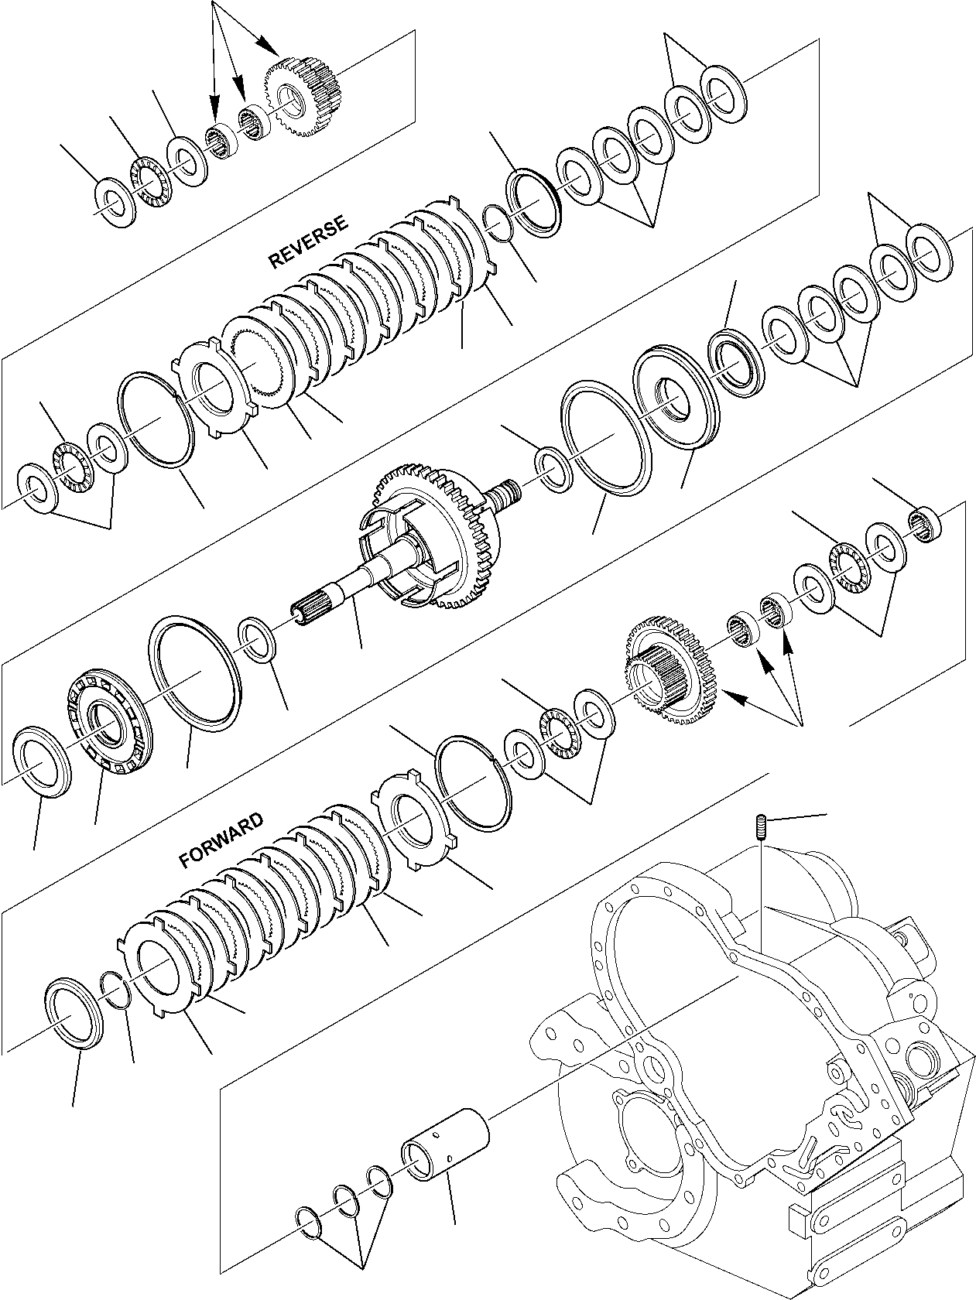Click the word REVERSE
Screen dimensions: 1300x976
pos(308,242)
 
